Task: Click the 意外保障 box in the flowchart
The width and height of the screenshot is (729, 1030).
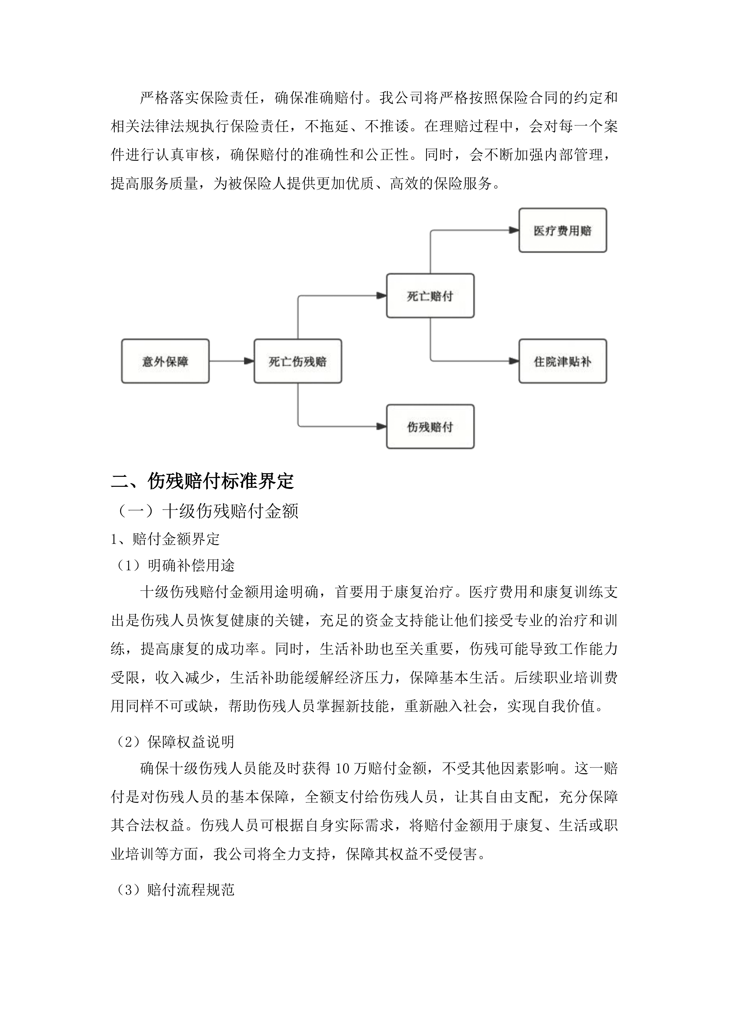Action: [x=165, y=361]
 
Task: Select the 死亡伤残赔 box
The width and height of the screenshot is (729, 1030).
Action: [x=298, y=361]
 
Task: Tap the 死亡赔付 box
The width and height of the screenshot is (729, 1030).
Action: [x=430, y=296]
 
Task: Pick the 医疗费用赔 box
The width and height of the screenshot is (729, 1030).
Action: [x=562, y=230]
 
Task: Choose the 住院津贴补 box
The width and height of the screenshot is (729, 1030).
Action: [x=562, y=361]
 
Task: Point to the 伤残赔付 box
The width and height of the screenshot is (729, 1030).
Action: [x=430, y=427]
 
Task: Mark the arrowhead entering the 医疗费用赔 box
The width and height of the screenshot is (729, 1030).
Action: [x=514, y=230]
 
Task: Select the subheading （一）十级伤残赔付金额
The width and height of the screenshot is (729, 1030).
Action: [x=207, y=511]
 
